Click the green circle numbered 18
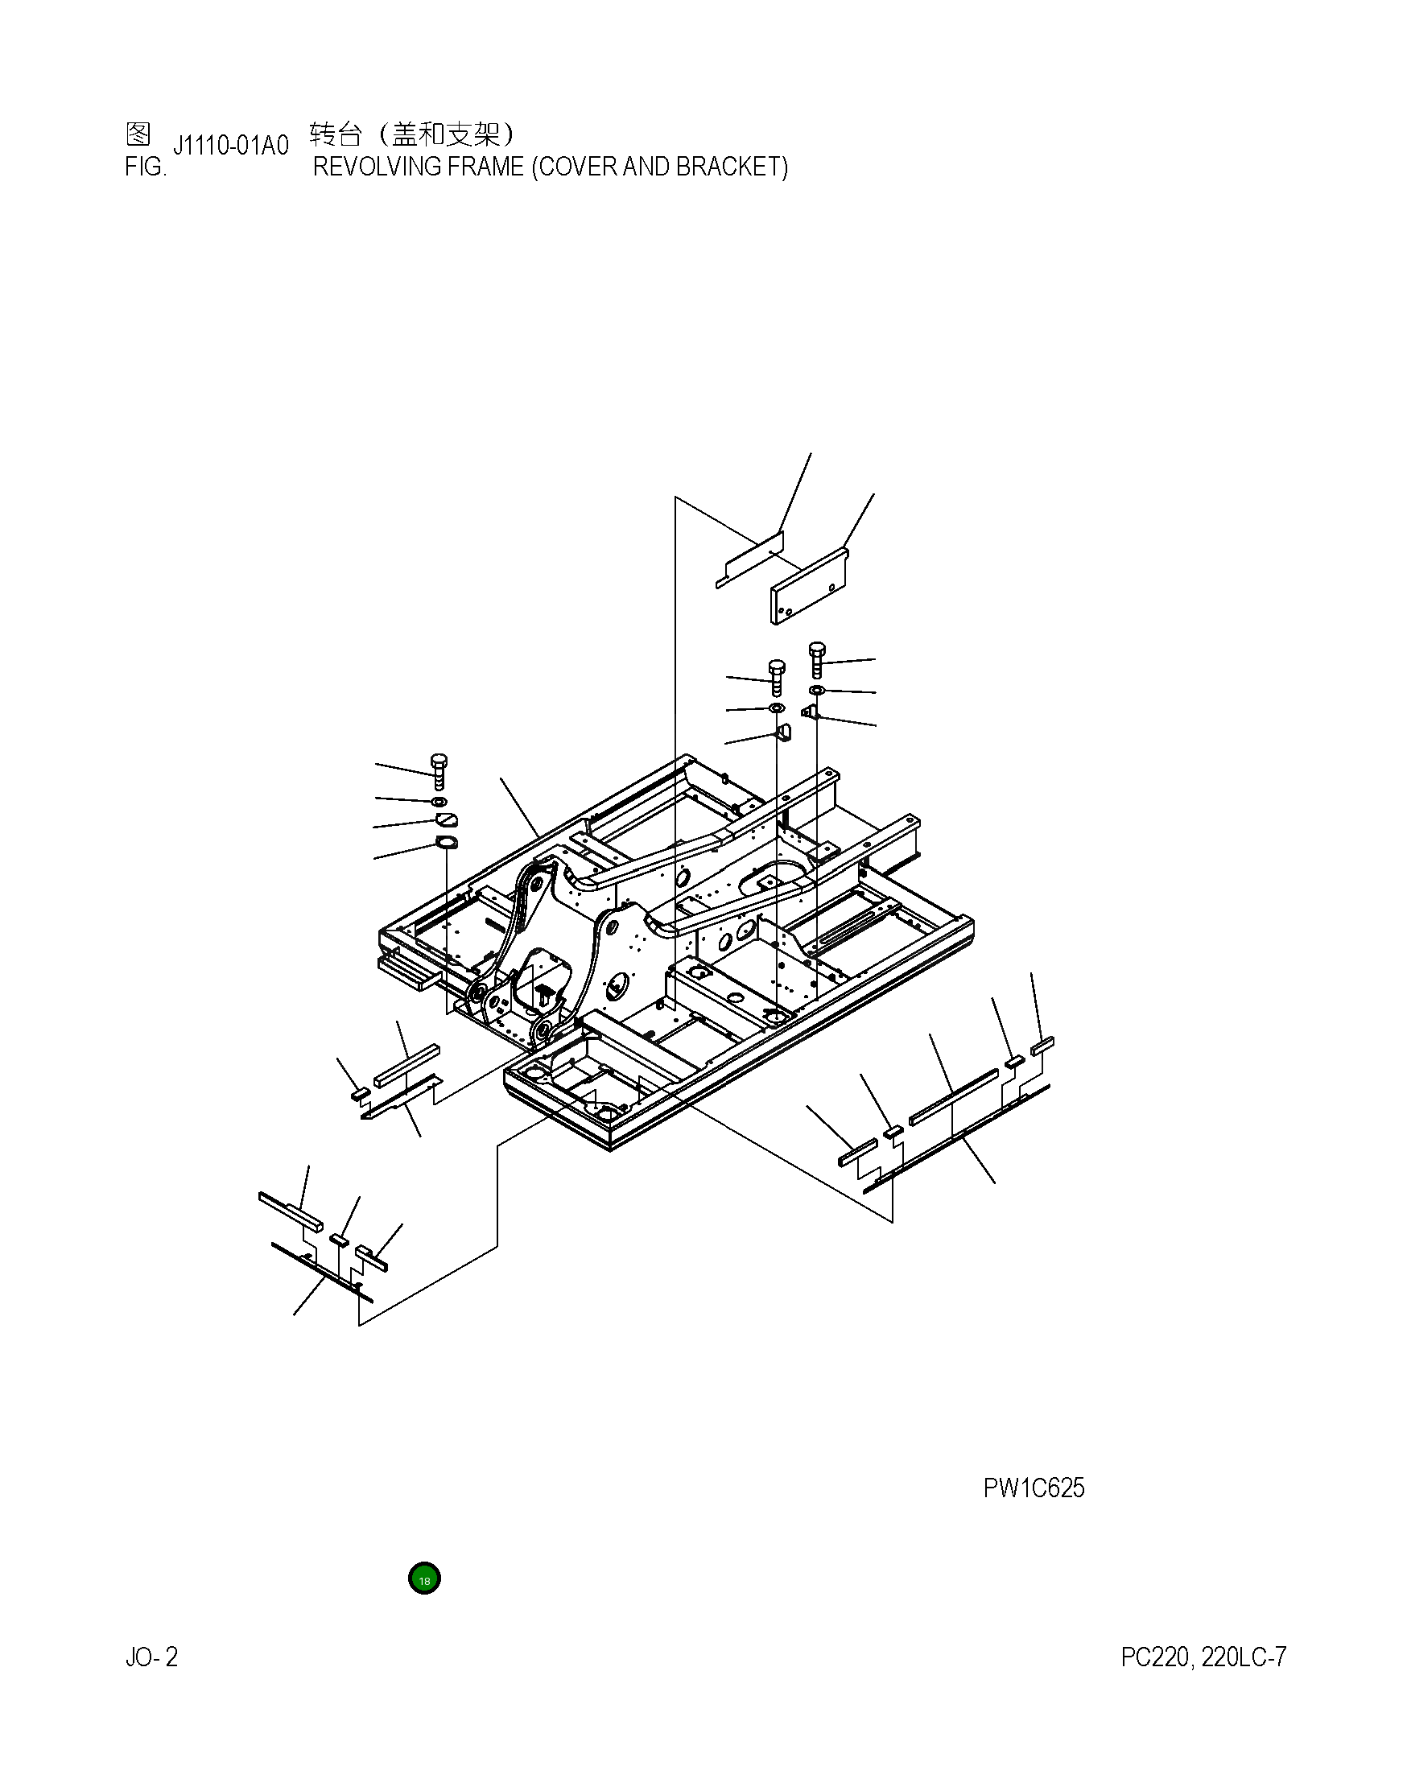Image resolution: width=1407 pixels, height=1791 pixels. coord(424,1578)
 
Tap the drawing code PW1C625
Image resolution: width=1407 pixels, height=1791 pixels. coord(1033,1488)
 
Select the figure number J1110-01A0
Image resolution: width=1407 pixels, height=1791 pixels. coord(231,146)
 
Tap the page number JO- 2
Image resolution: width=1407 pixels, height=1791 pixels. coord(151,1657)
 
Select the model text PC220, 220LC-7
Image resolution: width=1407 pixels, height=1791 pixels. coord(1203,1657)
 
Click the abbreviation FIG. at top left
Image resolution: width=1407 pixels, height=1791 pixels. coord(145,167)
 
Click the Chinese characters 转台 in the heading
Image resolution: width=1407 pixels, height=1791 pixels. coord(336,134)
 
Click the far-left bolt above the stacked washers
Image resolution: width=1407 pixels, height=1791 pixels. coord(439,770)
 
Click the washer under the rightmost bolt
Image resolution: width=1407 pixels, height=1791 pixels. coord(816,689)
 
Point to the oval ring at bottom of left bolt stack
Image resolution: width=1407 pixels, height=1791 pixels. coord(446,842)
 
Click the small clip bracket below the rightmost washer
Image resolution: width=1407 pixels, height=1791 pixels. coord(809,711)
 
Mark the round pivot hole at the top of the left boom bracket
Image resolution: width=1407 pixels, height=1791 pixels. coord(536,883)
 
